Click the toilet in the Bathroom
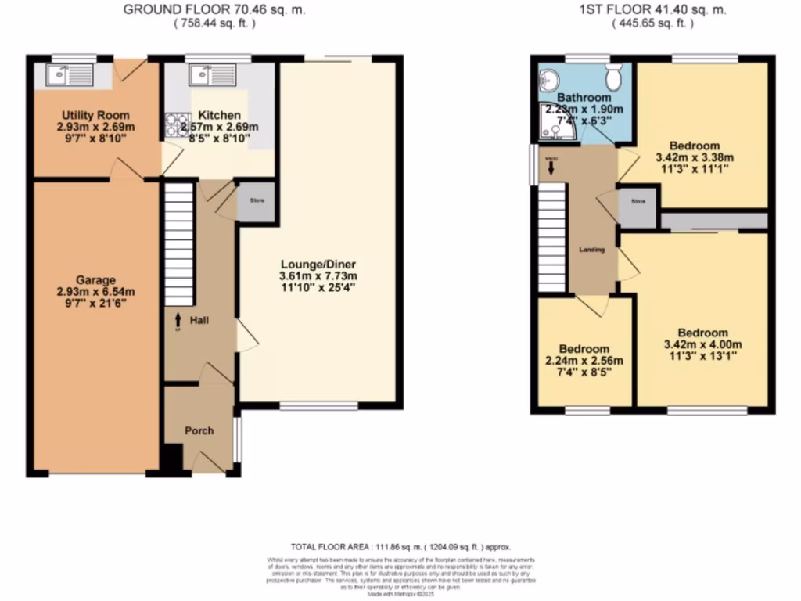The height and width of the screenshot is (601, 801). pyautogui.click(x=613, y=77)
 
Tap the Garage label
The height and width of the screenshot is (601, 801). pyautogui.click(x=95, y=280)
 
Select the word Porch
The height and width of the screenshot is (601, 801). pyautogui.click(x=199, y=430)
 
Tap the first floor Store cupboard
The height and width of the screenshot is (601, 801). pyautogui.click(x=638, y=203)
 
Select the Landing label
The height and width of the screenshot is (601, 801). pyautogui.click(x=591, y=250)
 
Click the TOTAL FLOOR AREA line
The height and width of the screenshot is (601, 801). pyautogui.click(x=400, y=547)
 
